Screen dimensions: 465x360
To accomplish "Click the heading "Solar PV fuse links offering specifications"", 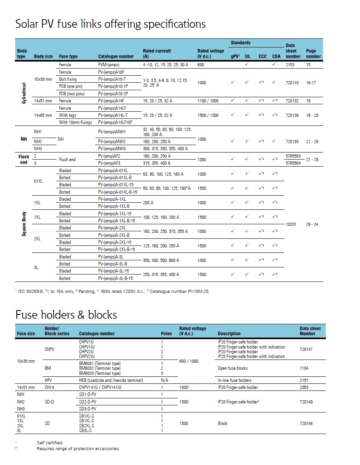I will click(x=110, y=24).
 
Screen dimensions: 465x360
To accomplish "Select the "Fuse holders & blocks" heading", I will click(x=66, y=314).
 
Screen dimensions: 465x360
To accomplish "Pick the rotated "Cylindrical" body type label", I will click(x=24, y=93).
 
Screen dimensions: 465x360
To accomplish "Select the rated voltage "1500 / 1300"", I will click(x=208, y=115).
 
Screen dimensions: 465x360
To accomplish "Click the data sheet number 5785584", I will click(x=293, y=163).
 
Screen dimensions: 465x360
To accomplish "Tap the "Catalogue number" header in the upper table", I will click(x=116, y=56).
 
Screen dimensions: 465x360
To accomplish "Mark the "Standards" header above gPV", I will click(x=241, y=43).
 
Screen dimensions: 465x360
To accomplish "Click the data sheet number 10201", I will click(x=291, y=224).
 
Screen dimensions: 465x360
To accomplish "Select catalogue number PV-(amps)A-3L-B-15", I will click(x=116, y=278).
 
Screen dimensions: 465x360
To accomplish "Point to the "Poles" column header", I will click(x=166, y=334).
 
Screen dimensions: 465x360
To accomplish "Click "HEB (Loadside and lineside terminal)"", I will click(x=111, y=380).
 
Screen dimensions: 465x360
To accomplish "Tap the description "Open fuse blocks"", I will click(x=233, y=368).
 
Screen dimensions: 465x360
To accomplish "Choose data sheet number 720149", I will click(x=306, y=402).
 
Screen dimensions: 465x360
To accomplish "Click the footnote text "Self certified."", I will click(x=50, y=443).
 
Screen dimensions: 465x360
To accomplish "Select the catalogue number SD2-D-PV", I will click(x=87, y=402).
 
